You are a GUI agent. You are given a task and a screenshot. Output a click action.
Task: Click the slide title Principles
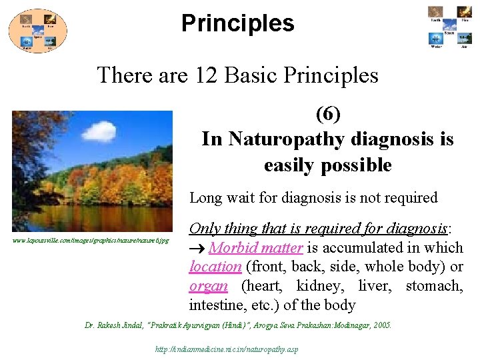point(237,23)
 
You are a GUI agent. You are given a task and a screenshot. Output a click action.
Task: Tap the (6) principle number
point(327,114)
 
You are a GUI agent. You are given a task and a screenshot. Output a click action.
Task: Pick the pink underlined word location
point(215,267)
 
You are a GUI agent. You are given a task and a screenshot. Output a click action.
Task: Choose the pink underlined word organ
point(208,287)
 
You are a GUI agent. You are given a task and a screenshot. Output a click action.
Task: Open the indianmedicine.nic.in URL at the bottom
point(226,349)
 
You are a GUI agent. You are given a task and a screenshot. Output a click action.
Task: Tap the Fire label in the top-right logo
point(464,20)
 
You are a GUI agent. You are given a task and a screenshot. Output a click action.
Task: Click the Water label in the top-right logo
point(435,47)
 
